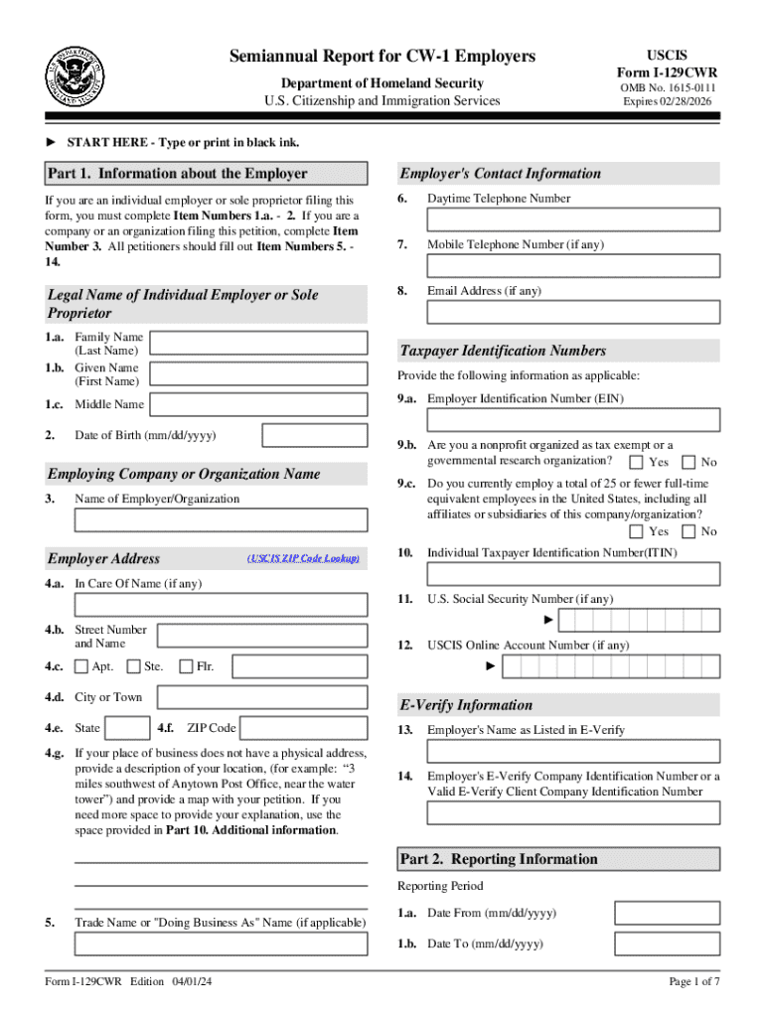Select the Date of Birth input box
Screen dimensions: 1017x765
coord(314,436)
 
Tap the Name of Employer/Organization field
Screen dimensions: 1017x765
coord(221,520)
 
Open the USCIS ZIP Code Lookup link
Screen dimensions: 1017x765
coord(303,559)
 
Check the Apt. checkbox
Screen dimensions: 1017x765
coord(81,666)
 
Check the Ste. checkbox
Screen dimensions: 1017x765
coord(133,666)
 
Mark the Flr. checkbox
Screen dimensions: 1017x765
coord(186,666)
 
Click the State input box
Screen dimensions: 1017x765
coord(127,728)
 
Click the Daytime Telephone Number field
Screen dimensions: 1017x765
coord(573,219)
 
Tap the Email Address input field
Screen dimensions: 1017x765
coord(573,312)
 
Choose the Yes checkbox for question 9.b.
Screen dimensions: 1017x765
coord(636,462)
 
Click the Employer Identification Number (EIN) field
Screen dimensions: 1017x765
coord(573,420)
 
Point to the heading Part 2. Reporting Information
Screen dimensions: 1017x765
coord(498,859)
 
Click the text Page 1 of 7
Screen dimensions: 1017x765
coord(693,982)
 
